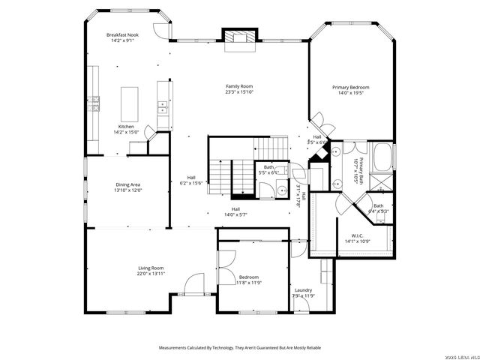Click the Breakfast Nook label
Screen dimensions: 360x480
pyautogui.click(x=122, y=34)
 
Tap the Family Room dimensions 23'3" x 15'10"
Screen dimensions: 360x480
pyautogui.click(x=239, y=92)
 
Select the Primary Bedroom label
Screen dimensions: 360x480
pyautogui.click(x=351, y=87)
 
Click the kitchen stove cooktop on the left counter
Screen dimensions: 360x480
pyautogui.click(x=94, y=103)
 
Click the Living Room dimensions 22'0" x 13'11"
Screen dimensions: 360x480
pyautogui.click(x=151, y=274)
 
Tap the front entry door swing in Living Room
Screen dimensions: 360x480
pyautogui.click(x=193, y=285)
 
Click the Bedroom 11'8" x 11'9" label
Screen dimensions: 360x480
pyautogui.click(x=248, y=280)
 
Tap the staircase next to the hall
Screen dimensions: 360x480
pyautogui.click(x=217, y=178)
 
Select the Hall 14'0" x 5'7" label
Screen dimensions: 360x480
pyautogui.click(x=235, y=211)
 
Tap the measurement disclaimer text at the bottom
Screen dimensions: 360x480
pyautogui.click(x=239, y=348)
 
